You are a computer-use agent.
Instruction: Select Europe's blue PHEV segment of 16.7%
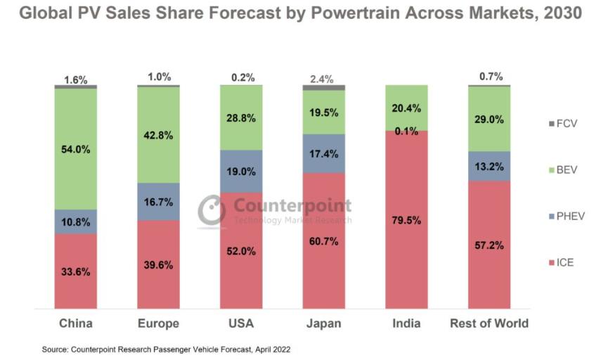click(158, 201)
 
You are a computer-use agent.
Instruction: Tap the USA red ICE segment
click(241, 250)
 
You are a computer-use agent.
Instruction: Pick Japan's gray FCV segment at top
click(323, 87)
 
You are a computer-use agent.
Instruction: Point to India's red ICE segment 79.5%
click(406, 219)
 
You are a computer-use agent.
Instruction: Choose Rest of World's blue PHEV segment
click(489, 166)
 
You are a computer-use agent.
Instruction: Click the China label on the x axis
click(75, 323)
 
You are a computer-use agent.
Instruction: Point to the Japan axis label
click(323, 323)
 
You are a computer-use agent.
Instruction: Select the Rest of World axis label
click(489, 323)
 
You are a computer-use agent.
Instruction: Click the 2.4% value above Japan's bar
click(323, 79)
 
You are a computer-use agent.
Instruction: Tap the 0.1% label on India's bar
click(406, 131)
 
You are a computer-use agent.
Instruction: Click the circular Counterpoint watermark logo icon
click(212, 210)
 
